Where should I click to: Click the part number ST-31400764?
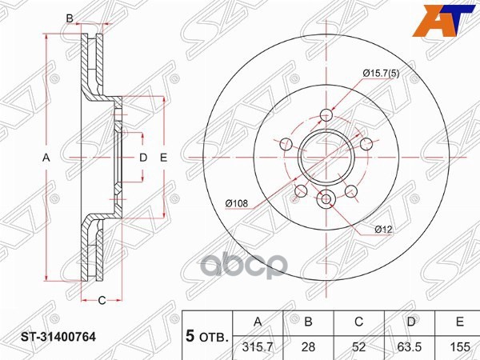pyautogui.click(x=58, y=338)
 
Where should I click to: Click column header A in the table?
pyautogui.click(x=258, y=322)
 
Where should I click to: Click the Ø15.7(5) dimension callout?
pyautogui.click(x=382, y=74)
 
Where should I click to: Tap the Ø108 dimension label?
pyautogui.click(x=236, y=205)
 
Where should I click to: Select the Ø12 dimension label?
pyautogui.click(x=383, y=230)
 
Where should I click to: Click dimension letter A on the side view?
pyautogui.click(x=46, y=158)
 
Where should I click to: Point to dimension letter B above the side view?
pyautogui.click(x=70, y=18)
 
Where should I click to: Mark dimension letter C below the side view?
pyautogui.click(x=102, y=300)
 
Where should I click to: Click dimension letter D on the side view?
pyautogui.click(x=143, y=158)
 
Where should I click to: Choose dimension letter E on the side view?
pyautogui.click(x=162, y=158)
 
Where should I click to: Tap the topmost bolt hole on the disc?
pyautogui.click(x=326, y=114)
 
